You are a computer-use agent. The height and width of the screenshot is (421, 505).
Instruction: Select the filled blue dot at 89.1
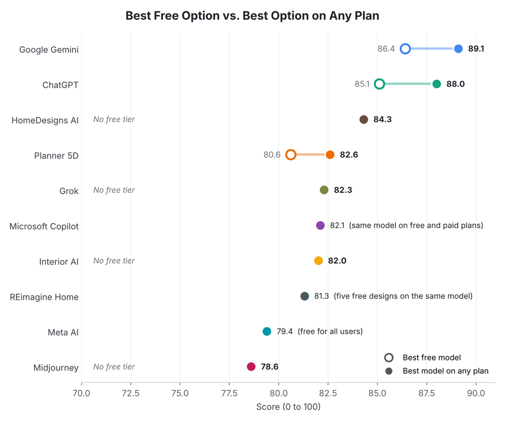pos(458,49)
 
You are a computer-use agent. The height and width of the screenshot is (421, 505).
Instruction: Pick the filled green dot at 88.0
pos(437,84)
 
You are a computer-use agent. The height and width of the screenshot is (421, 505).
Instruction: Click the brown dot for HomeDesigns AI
pos(363,119)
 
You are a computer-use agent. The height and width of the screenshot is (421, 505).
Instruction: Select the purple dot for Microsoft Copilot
pos(320,226)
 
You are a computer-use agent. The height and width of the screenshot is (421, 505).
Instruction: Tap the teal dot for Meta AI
pos(267,331)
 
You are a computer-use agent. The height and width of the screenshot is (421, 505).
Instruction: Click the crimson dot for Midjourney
pos(251,367)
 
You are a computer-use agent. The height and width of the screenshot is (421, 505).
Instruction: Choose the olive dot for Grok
pos(324,190)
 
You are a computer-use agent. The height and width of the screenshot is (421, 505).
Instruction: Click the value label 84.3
pos(383,119)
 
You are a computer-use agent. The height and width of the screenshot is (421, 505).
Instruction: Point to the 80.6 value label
pos(272,155)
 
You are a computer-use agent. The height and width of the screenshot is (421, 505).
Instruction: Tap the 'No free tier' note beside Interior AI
pos(114,261)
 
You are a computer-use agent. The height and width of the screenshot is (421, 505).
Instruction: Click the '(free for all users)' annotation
pos(330,331)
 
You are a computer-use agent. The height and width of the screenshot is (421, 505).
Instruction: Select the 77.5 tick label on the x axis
pos(229,393)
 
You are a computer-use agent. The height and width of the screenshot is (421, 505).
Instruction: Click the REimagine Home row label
pos(44,297)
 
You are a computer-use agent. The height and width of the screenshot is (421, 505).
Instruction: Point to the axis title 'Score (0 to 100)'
pos(288,407)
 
